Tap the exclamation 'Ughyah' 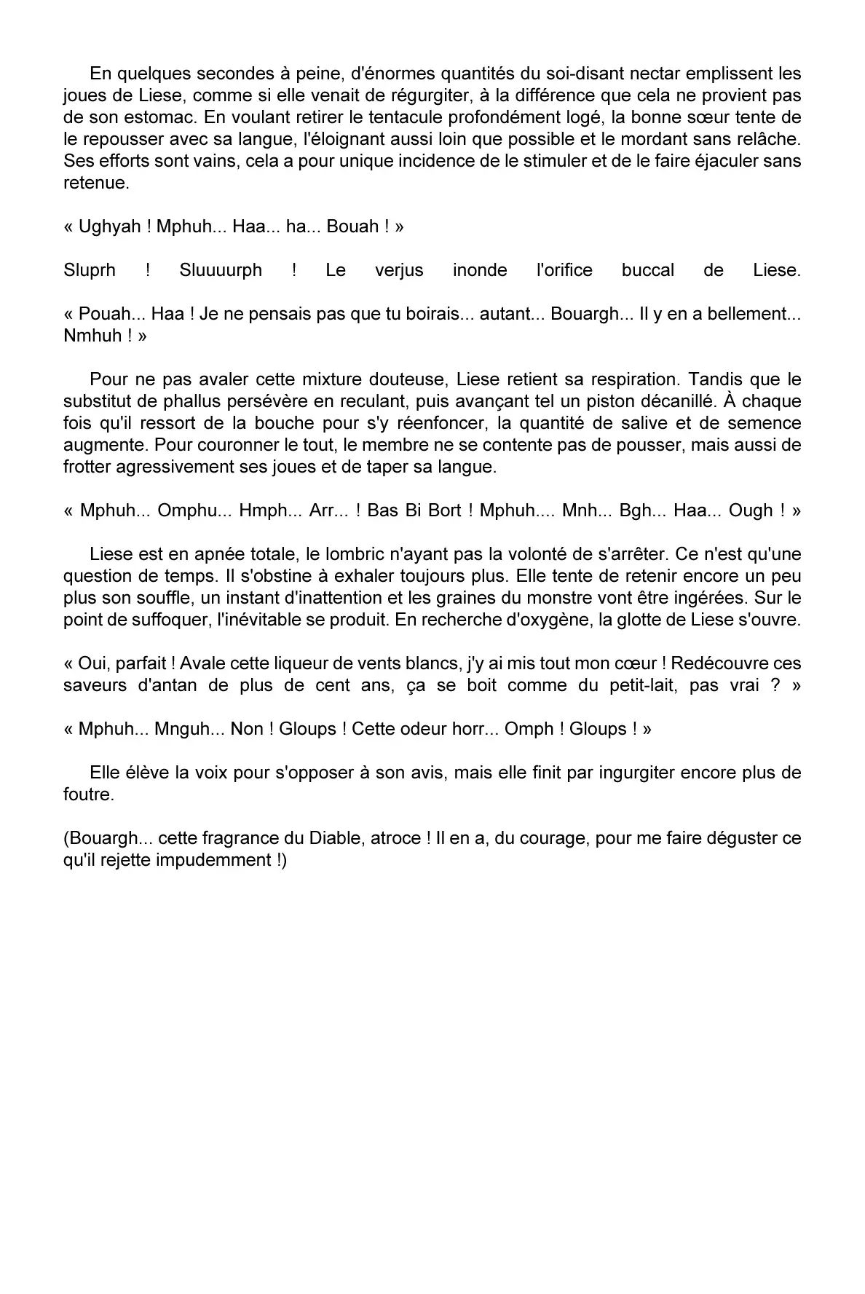pos(109,226)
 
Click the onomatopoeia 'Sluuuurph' pos(221,270)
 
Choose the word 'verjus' pos(399,270)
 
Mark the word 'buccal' pos(647,270)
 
